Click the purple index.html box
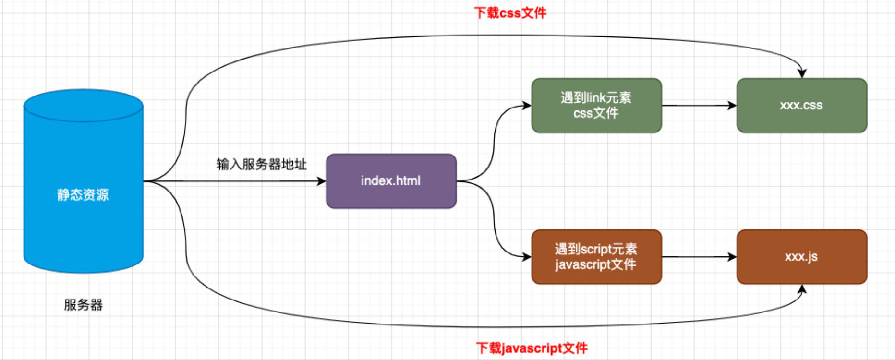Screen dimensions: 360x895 [x=391, y=181]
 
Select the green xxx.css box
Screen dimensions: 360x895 [x=801, y=105]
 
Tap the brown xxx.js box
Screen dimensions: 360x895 [x=801, y=257]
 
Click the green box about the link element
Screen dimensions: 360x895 [x=596, y=105]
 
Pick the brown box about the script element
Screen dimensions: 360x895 [x=596, y=257]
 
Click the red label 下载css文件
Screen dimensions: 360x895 [x=510, y=13]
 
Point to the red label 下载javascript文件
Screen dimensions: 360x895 [x=532, y=348]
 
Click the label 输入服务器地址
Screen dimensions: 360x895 [x=261, y=165]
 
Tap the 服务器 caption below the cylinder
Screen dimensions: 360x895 [x=83, y=305]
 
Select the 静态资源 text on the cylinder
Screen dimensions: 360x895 [x=83, y=195]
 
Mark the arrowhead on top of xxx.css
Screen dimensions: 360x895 [x=802, y=73]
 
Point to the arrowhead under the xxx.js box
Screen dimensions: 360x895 [x=802, y=289]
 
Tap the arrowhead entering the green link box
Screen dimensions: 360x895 [x=527, y=105]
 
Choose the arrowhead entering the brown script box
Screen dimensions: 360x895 [x=527, y=257]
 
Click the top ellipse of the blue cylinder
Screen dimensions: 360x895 [x=83, y=105]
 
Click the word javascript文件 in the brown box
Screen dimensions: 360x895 [x=595, y=264]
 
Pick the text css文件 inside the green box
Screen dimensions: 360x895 [x=596, y=113]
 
